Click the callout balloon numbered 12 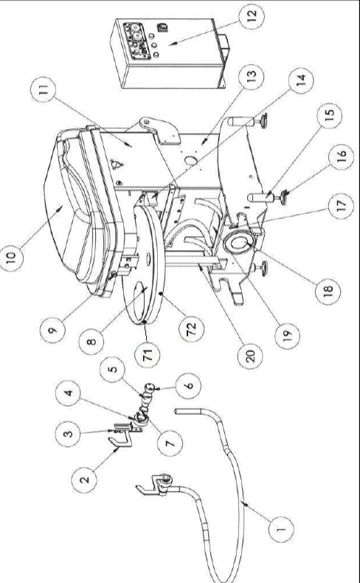click(x=251, y=17)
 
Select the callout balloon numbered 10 click(x=11, y=257)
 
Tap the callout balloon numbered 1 click(x=281, y=528)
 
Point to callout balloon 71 click(x=147, y=355)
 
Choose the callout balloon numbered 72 click(x=191, y=328)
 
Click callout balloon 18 click(x=328, y=292)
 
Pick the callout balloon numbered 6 click(x=188, y=385)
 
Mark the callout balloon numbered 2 click(x=84, y=480)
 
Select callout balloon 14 click(x=300, y=80)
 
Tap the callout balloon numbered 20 click(x=250, y=356)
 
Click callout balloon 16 click(x=341, y=156)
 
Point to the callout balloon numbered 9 click(x=53, y=329)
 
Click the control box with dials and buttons click(x=170, y=54)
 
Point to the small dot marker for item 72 click(x=161, y=294)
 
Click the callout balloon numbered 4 click(x=68, y=393)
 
